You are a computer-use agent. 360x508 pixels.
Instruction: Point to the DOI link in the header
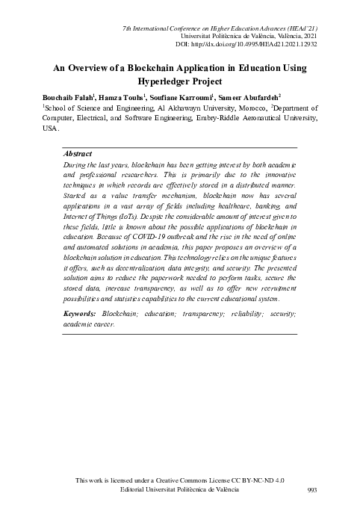252,43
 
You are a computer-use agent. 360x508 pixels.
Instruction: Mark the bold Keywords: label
81,315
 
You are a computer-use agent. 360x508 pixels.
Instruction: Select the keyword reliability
237,315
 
